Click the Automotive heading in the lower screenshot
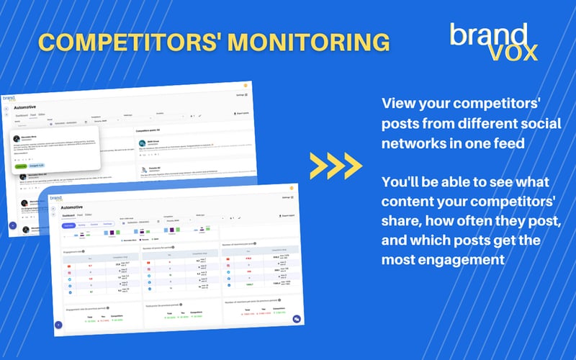[78, 207]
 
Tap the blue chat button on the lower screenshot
[297, 319]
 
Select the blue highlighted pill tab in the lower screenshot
[69, 225]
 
